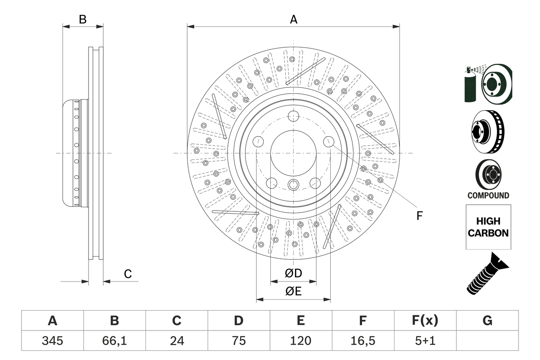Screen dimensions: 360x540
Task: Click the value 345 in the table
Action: [52, 341]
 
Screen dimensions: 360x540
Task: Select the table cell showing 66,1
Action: [114, 341]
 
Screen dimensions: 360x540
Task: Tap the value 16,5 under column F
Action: [362, 341]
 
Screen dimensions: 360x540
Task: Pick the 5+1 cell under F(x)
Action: [424, 341]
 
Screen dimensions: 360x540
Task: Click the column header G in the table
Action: [487, 321]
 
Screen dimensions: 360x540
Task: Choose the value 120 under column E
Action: [300, 341]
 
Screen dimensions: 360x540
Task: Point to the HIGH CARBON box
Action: [488, 227]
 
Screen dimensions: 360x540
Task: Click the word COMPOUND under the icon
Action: [488, 195]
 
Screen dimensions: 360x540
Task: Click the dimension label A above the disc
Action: [293, 19]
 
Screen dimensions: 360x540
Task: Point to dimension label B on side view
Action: [83, 19]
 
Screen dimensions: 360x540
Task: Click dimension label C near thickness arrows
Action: [128, 274]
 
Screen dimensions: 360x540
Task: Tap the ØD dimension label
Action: [293, 273]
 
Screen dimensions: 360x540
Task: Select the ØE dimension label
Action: [293, 291]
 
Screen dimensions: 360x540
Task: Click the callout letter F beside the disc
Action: [419, 216]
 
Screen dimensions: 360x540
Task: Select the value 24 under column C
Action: [177, 341]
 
